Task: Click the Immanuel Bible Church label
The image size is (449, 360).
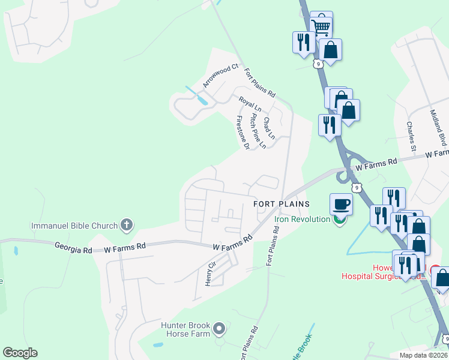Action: pyautogui.click(x=74, y=226)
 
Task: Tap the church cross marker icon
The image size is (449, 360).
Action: pyautogui.click(x=126, y=226)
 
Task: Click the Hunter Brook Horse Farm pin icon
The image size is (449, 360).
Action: pyautogui.click(x=219, y=328)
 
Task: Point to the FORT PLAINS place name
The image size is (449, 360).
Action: pyautogui.click(x=282, y=204)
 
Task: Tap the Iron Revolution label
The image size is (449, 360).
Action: pyautogui.click(x=303, y=219)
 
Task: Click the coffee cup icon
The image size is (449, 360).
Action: pyautogui.click(x=341, y=203)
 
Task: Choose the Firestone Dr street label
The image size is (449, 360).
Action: pyautogui.click(x=243, y=132)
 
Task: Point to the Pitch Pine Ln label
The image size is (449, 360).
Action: pyautogui.click(x=258, y=131)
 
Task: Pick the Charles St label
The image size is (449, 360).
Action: pyautogui.click(x=411, y=137)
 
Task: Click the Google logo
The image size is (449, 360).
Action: pyautogui.click(x=20, y=352)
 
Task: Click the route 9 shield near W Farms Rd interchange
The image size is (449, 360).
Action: pyautogui.click(x=357, y=187)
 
